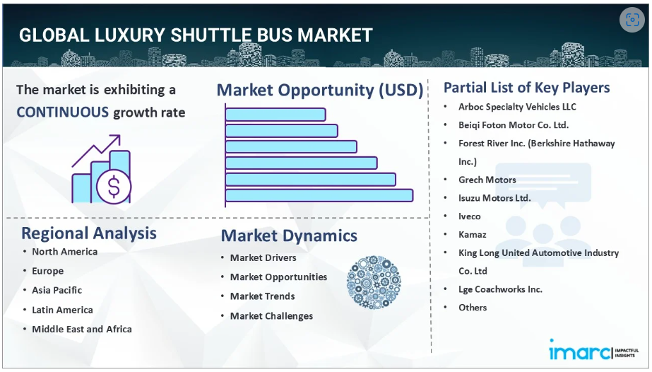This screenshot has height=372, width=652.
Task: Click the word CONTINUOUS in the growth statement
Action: coord(63,112)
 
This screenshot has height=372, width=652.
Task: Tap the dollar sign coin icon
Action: coord(114,187)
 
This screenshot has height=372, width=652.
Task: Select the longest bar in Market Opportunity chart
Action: coord(319,196)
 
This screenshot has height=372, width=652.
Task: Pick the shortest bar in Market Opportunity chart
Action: coord(275,115)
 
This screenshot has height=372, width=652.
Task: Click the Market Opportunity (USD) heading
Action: coord(320,91)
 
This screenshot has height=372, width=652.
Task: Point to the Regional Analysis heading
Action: coord(89,233)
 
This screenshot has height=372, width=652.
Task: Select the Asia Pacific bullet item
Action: coord(57,290)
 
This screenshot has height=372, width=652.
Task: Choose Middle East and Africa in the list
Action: coord(82,329)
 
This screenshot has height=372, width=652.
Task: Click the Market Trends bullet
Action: coord(262,296)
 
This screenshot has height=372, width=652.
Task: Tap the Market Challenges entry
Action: coord(271,316)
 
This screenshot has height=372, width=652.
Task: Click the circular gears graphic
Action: coord(374,283)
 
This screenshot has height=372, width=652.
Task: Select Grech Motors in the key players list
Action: coord(487,180)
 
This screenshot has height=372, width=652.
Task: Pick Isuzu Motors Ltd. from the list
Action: coord(494,198)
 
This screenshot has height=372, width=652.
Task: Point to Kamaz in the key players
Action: coord(473,235)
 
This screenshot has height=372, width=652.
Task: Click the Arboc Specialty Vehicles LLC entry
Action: coord(517,107)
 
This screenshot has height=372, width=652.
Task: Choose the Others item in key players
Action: coord(473,308)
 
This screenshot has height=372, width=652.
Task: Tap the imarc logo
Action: coord(594,350)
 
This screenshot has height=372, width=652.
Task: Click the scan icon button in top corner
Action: coord(632,20)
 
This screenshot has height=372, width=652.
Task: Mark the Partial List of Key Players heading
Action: coord(527,88)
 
